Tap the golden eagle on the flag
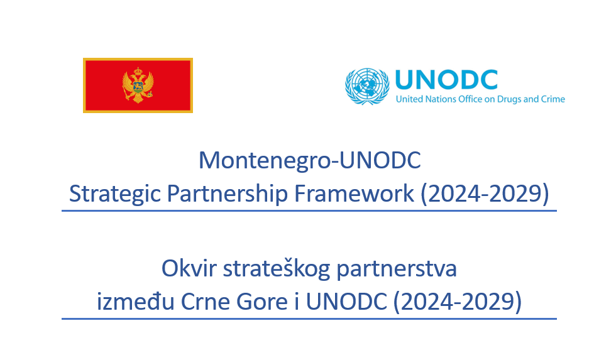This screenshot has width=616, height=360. coord(138,85)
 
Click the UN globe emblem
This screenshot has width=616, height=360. coord(367,86)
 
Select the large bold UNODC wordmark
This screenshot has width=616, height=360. coord(446,80)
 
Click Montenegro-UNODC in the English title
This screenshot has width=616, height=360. coord(309,161)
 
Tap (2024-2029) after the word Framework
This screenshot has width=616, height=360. coord(484,194)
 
